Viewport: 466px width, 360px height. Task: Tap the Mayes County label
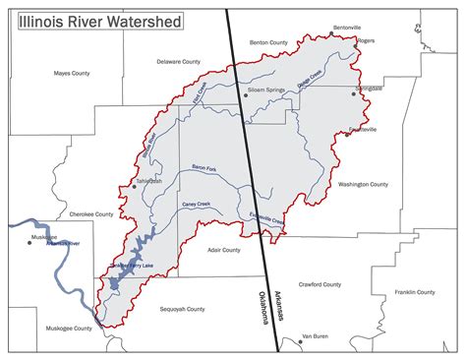point(72,73)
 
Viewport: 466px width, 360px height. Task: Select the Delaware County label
point(178,61)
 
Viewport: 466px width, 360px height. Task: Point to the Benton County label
point(268,42)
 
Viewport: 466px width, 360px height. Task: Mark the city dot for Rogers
point(357,41)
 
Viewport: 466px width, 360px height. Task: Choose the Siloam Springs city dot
point(246,94)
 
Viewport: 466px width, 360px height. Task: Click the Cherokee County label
point(90,211)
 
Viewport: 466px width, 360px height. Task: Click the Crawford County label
point(319,284)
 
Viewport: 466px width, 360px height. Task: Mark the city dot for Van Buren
point(301,340)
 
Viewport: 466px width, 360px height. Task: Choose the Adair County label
point(224,250)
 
